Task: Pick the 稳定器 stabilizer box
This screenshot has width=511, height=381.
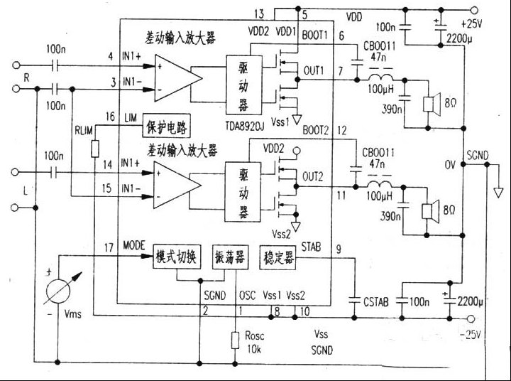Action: point(279,257)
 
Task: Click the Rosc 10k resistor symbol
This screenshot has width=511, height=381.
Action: point(235,340)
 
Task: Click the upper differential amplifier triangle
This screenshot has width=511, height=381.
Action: point(173,75)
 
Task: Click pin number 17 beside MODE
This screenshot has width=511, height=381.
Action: point(108,247)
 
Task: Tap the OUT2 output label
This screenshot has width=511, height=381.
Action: point(314,174)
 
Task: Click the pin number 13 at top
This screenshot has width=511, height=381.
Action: point(258,14)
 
